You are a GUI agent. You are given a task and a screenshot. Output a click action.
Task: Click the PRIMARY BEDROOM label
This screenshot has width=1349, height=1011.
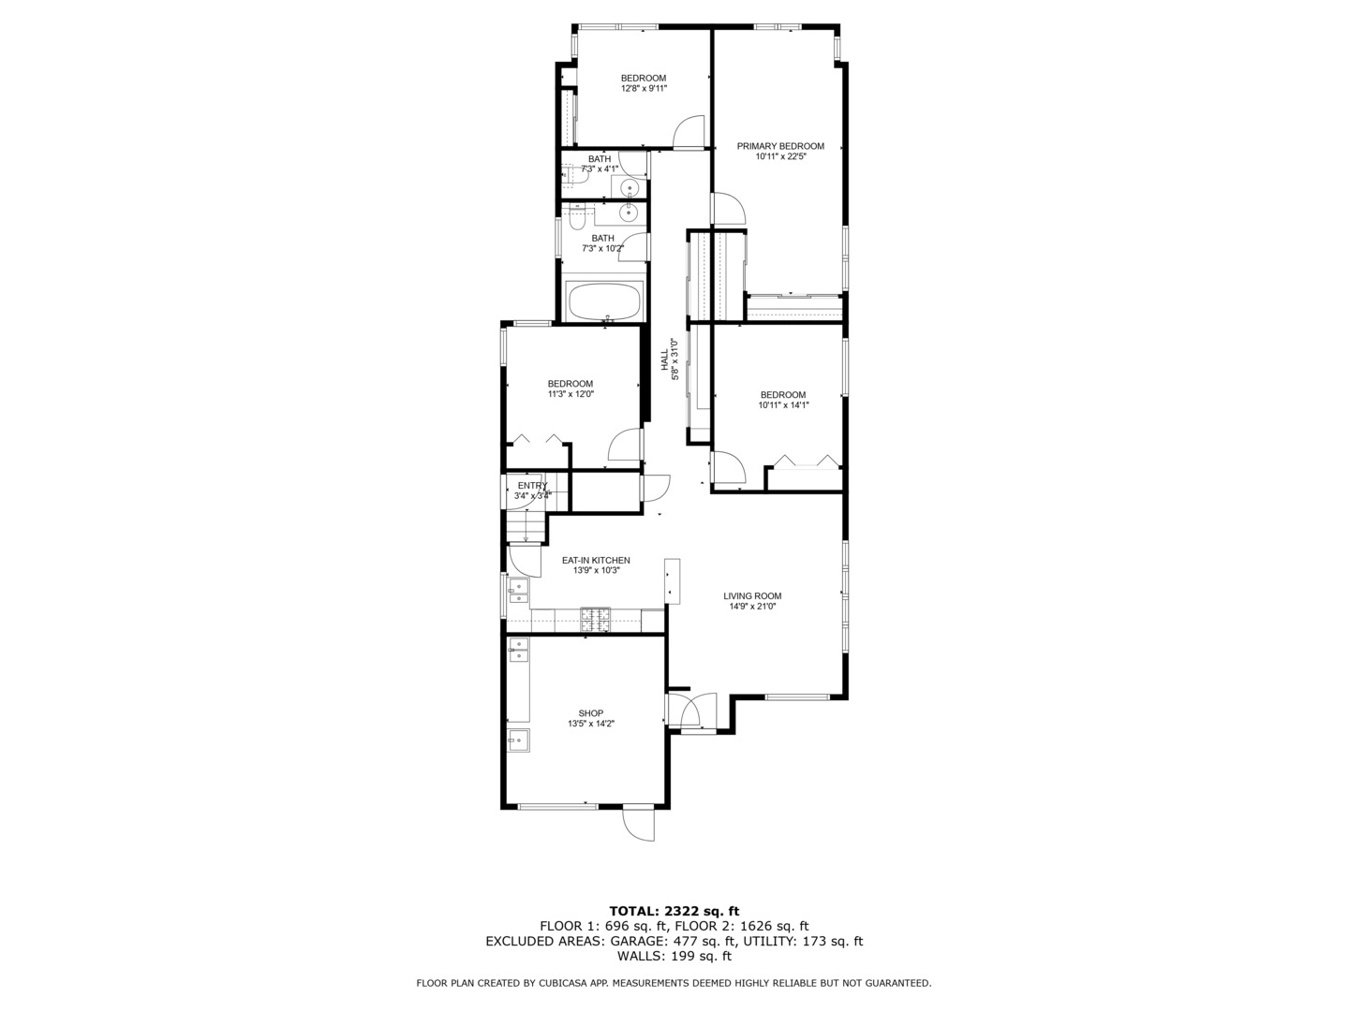click(780, 146)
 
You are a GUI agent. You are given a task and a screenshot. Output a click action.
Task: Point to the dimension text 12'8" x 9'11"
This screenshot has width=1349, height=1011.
click(644, 89)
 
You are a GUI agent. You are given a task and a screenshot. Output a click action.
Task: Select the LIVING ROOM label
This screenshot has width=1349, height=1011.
click(752, 596)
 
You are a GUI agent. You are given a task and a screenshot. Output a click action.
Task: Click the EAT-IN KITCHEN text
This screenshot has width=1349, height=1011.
click(596, 560)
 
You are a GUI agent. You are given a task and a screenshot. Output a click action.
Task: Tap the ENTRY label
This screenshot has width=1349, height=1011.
click(532, 485)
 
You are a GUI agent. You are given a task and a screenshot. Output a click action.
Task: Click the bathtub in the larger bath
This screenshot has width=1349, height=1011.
click(606, 301)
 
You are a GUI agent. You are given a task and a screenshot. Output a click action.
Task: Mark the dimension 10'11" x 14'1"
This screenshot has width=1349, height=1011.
click(783, 405)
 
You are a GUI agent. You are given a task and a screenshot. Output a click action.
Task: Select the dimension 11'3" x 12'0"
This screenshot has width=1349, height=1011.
click(571, 394)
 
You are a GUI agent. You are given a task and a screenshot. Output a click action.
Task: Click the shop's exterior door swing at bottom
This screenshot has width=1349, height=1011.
click(640, 824)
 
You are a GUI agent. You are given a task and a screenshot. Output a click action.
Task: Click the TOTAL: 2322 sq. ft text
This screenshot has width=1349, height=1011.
click(674, 911)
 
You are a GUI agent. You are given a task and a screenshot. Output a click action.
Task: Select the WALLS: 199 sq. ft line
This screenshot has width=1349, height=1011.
click(674, 956)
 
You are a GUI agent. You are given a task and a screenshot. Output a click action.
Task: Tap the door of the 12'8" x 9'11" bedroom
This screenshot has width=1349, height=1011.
click(689, 132)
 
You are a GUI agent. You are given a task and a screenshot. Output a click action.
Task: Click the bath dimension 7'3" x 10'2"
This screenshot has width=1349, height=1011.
click(602, 249)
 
